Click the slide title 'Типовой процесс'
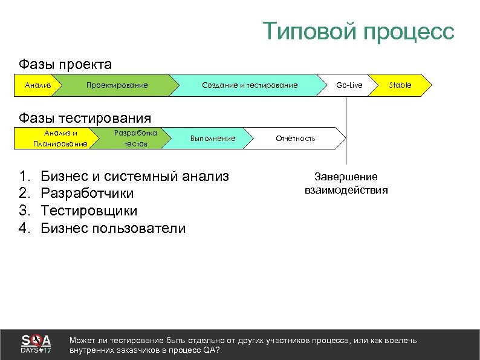[358, 31]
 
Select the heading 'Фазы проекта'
[65, 64]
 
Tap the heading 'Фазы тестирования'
[85, 117]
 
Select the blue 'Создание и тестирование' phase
[249, 85]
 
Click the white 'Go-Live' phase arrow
[349, 85]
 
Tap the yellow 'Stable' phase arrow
[400, 85]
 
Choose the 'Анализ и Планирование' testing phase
[60, 138]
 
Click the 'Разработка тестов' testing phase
[135, 138]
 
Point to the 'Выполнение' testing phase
[212, 139]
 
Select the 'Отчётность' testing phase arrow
[296, 139]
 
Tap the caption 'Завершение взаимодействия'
[346, 183]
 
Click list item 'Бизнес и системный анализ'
[134, 177]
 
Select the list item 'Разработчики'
[87, 194]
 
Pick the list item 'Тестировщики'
[89, 211]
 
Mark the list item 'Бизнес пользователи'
[113, 228]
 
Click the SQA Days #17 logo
[36, 344]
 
